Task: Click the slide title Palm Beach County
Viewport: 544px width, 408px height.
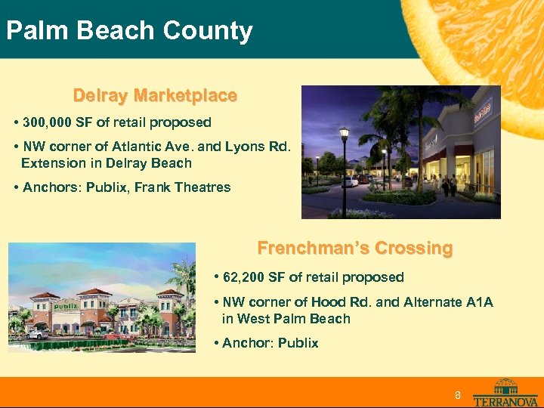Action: coord(129,31)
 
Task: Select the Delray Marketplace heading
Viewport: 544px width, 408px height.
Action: coord(155,96)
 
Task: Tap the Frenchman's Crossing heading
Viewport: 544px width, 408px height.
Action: coord(355,248)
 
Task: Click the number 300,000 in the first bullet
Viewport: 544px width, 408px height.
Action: coord(49,122)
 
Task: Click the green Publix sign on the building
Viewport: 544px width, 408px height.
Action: coord(65,306)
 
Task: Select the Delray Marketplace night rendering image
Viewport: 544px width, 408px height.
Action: coord(401,152)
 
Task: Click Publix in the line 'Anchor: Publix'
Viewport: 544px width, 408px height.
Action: coord(298,343)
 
